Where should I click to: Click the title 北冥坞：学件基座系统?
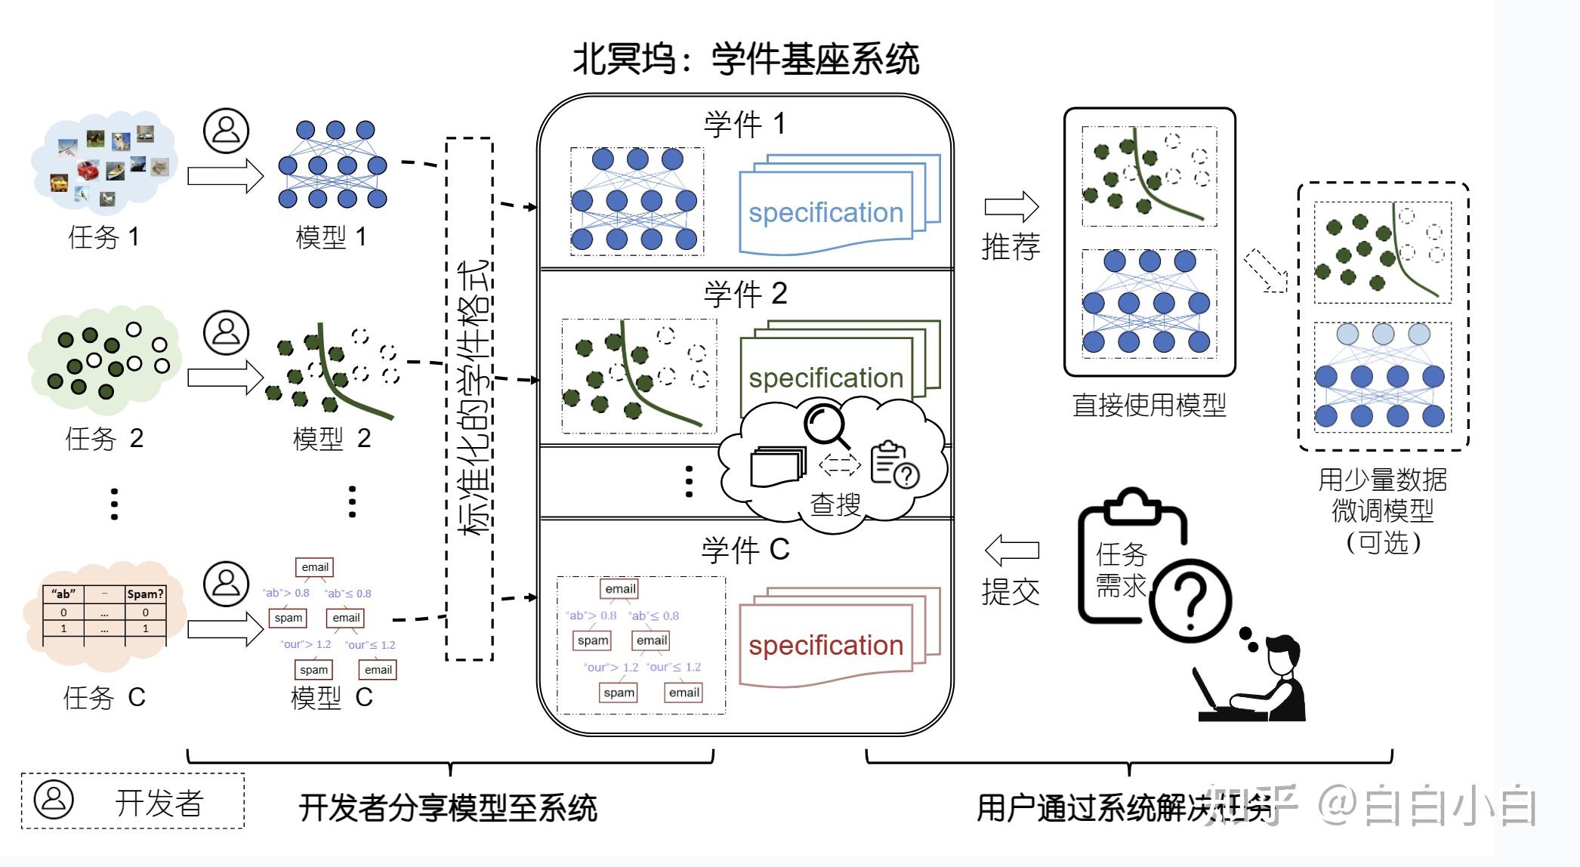click(x=745, y=59)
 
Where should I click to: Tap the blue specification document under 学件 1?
click(x=825, y=212)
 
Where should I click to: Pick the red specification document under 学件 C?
click(x=825, y=644)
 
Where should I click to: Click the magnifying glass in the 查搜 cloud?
click(x=825, y=425)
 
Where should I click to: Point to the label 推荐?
click(x=1011, y=247)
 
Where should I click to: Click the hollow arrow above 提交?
click(x=1011, y=550)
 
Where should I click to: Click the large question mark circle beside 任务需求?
click(x=1190, y=600)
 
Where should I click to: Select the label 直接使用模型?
click(x=1149, y=406)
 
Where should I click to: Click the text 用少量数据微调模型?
click(x=1382, y=495)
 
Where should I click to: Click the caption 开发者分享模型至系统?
click(x=448, y=807)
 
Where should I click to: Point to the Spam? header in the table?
click(x=145, y=594)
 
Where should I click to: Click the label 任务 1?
click(x=103, y=237)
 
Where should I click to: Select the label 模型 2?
click(x=332, y=438)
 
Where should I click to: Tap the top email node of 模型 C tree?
click(x=315, y=567)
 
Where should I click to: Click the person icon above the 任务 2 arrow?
click(x=226, y=332)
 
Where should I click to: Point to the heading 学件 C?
click(x=745, y=550)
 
